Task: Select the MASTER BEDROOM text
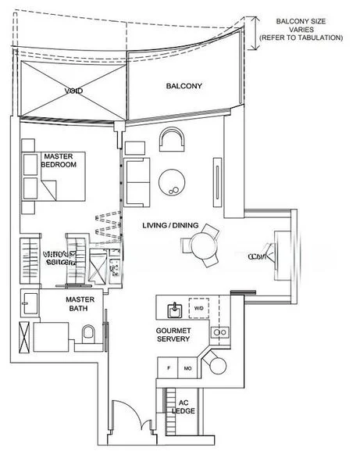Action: tap(59, 161)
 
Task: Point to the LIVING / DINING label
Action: tap(170, 225)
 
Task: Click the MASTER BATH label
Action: tap(80, 304)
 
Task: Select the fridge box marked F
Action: tap(169, 368)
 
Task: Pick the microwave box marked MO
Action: tap(187, 368)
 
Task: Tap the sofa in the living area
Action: tap(137, 180)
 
